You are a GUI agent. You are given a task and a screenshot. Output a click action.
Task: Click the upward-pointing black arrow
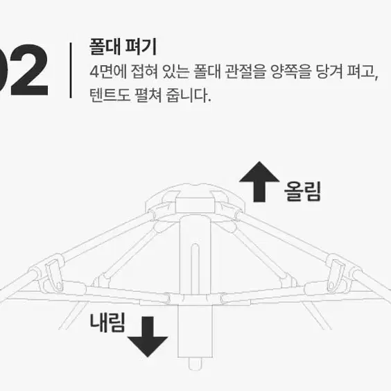click(259, 182)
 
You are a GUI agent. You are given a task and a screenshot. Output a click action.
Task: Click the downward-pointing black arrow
click(148, 337)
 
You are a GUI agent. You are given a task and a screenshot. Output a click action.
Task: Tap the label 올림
click(302, 191)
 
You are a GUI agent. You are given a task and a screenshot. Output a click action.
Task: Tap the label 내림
click(107, 322)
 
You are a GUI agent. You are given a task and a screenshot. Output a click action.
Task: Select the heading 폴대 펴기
click(123, 46)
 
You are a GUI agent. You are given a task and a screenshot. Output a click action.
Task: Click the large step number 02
click(24, 70)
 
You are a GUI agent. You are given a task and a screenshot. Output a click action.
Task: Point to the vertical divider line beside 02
click(71, 70)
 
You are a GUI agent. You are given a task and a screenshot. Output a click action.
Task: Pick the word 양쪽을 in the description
click(291, 71)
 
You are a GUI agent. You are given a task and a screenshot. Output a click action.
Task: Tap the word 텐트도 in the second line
click(110, 95)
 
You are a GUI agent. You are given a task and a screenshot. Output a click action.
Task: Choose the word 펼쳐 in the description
click(148, 95)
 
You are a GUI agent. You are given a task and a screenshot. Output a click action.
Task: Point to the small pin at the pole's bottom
click(195, 365)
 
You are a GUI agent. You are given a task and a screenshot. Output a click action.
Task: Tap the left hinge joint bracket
click(54, 275)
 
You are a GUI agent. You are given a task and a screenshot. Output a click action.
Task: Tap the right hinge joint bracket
click(336, 275)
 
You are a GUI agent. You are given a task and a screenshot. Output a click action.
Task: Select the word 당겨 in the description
click(329, 71)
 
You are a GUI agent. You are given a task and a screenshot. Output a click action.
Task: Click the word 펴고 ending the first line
click(363, 71)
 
